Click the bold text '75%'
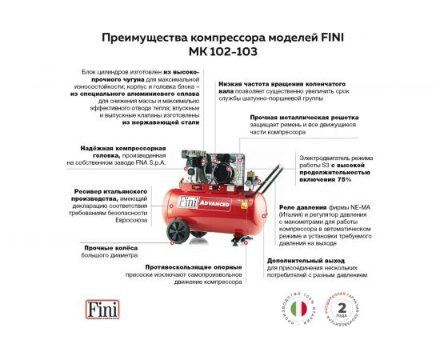point(338,179)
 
